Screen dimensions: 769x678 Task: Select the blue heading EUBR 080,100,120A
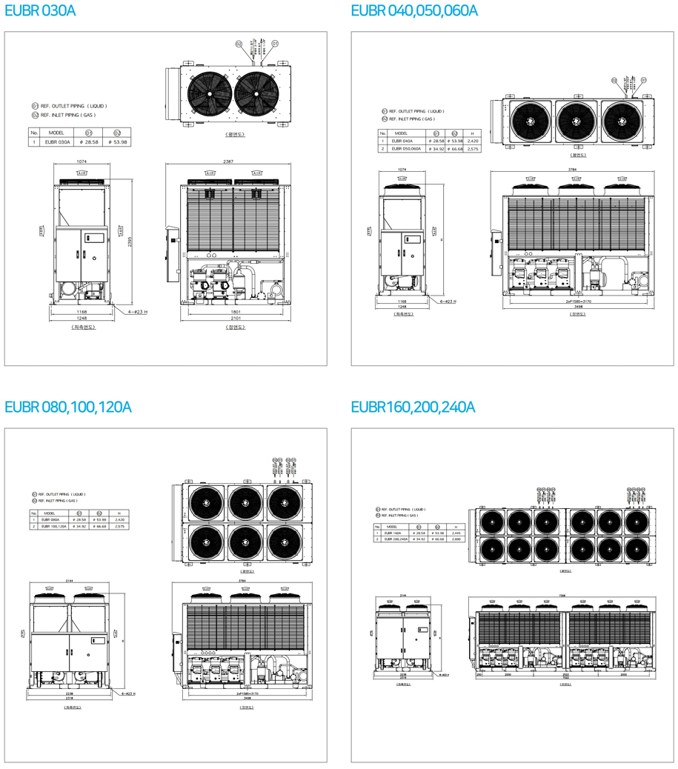[68, 407]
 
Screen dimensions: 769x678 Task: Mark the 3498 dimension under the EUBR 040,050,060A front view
[577, 307]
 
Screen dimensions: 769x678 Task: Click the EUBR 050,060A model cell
[406, 149]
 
